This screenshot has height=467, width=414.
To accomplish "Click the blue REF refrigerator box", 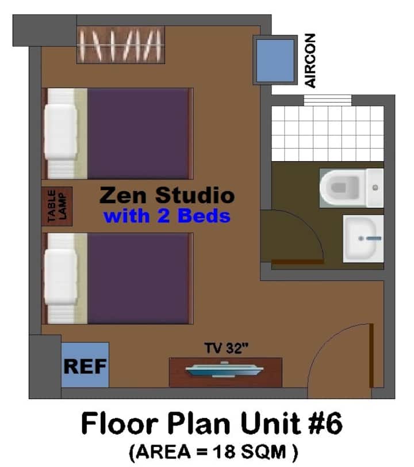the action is (85, 365).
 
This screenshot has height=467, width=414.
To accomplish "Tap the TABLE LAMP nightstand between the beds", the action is (57, 206).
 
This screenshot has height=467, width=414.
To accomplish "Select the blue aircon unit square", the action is (275, 60).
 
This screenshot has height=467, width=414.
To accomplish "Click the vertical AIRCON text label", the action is (310, 61).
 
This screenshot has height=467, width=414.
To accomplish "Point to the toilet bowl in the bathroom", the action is (342, 188).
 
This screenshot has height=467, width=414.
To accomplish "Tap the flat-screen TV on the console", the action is (224, 370).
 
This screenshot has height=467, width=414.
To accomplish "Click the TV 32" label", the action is (226, 348).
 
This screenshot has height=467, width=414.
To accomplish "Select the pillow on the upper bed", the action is (61, 131).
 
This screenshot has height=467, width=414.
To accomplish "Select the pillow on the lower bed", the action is (61, 277).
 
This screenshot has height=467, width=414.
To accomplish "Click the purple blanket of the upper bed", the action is (138, 134).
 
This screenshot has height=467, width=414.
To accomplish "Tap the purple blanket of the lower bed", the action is (138, 279).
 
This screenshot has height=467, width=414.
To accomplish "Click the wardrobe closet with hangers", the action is (121, 45).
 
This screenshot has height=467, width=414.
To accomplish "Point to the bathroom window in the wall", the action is (327, 100).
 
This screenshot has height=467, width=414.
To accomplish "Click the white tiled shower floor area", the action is (327, 134).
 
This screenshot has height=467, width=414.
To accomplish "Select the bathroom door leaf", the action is (298, 262).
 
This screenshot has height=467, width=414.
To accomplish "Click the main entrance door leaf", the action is (371, 355).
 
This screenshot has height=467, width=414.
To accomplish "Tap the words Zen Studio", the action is (167, 195).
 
